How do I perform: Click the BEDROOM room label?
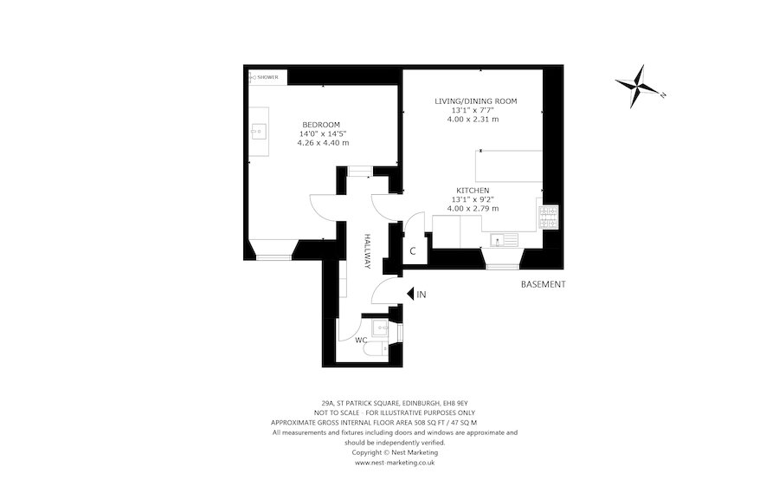pyautogui.click(x=320, y=124)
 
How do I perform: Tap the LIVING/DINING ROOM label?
pyautogui.click(x=475, y=101)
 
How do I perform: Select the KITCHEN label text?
pyautogui.click(x=473, y=191)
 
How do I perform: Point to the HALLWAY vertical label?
pyautogui.click(x=367, y=251)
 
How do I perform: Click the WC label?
pyautogui.click(x=361, y=341)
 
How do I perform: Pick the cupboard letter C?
pyautogui.click(x=413, y=251)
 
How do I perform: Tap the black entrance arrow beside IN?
pyautogui.click(x=409, y=295)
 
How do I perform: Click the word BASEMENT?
pyautogui.click(x=543, y=284)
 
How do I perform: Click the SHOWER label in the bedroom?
pyautogui.click(x=267, y=78)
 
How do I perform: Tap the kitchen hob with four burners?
pyautogui.click(x=547, y=217)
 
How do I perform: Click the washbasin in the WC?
pyautogui.click(x=379, y=328)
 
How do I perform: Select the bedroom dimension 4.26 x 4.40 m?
pyautogui.click(x=324, y=143)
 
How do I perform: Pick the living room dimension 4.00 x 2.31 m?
pyautogui.click(x=475, y=120)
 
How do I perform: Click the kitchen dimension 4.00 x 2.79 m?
pyautogui.click(x=473, y=209)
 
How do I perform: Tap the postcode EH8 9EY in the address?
pyautogui.click(x=454, y=403)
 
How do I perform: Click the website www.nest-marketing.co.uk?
pyautogui.click(x=395, y=463)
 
